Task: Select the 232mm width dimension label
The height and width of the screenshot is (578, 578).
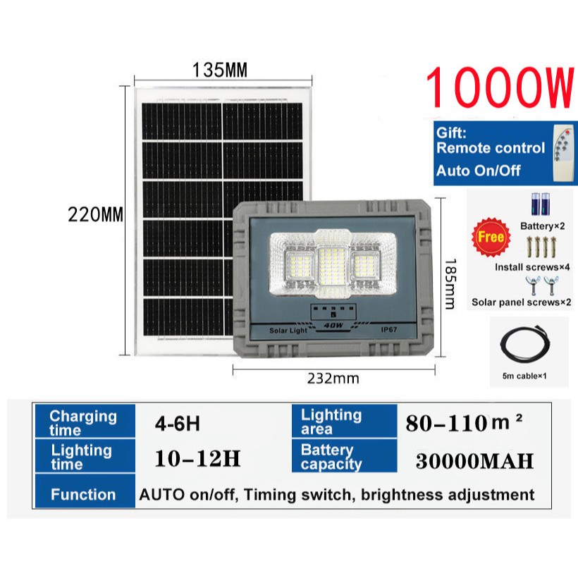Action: [333, 379]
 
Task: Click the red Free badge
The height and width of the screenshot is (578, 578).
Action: [491, 237]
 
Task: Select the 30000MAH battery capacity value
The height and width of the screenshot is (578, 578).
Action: [474, 461]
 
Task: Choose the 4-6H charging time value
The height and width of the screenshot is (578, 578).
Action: [178, 424]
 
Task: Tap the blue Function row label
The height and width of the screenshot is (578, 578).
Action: [82, 494]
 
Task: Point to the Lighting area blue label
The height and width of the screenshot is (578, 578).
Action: [331, 422]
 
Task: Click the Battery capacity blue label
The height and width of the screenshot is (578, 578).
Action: [331, 457]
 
